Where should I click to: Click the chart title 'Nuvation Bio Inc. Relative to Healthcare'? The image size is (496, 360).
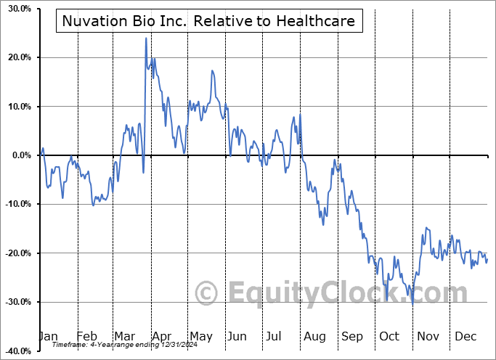pyautogui.click(x=208, y=21)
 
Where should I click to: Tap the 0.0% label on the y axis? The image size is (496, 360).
pyautogui.click(x=18, y=155)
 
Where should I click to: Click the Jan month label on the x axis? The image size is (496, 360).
pyautogui.click(x=47, y=336)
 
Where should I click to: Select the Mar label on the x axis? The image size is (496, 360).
pyautogui.click(x=125, y=336)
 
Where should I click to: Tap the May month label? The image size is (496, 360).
pyautogui.click(x=200, y=336)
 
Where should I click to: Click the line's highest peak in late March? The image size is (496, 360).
pyautogui.click(x=146, y=38)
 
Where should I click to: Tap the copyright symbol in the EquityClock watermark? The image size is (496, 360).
pyautogui.click(x=207, y=294)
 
